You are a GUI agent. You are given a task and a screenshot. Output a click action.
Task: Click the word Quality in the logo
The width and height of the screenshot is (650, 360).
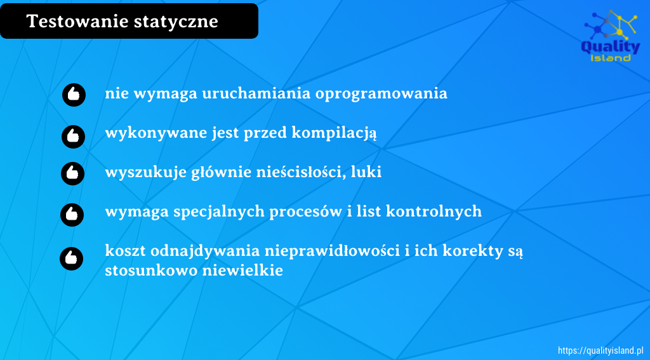pos(611,47)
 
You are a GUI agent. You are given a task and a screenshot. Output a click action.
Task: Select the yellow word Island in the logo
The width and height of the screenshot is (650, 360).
pos(610,58)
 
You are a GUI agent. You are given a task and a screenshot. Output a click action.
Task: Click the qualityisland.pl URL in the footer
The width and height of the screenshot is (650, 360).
pos(600,350)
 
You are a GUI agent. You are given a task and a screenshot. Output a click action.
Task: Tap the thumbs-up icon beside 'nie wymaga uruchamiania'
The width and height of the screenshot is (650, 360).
pos(74,95)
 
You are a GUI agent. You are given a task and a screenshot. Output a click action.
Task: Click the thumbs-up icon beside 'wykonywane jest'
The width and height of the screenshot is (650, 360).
pos(74,137)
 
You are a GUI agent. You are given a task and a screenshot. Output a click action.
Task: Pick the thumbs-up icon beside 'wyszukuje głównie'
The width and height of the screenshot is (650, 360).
pos(72,173)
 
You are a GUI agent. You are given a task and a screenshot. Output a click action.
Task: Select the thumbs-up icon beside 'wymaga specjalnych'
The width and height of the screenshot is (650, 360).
pos(72,215)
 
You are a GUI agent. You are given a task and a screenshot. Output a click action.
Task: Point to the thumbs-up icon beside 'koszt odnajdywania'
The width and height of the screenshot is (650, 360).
pos(71,258)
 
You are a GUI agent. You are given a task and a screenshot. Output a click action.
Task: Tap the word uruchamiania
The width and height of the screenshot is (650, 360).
pos(256,93)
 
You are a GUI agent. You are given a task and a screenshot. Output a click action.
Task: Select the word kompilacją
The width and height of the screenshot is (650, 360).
pos(334,133)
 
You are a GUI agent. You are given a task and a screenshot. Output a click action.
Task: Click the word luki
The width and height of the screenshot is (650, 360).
pos(366,171)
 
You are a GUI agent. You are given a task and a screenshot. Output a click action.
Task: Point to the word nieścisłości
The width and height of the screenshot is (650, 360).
pos(302,171)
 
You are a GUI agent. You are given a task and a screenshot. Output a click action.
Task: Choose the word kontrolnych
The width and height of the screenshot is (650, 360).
pos(434,211)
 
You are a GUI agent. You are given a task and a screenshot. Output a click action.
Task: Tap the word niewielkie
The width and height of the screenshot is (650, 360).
pos(243,270)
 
